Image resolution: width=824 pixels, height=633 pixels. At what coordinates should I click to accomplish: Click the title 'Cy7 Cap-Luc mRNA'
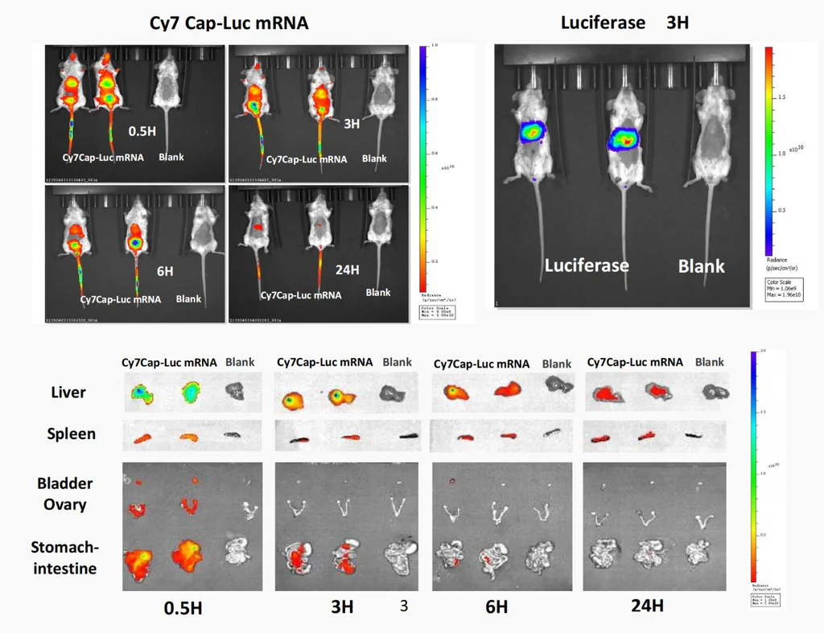[x=229, y=23]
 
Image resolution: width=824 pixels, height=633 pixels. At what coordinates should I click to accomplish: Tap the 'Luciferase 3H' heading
[x=624, y=23]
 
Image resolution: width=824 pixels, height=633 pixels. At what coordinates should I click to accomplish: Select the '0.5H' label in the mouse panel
[x=142, y=129]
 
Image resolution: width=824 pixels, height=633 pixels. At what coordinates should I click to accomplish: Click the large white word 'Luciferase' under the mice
[x=587, y=265]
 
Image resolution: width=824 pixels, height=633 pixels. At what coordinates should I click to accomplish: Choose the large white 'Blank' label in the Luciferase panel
[x=702, y=266]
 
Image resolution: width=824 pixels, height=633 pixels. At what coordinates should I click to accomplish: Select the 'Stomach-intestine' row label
[x=65, y=558]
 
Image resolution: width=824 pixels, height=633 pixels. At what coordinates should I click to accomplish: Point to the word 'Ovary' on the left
[x=64, y=504]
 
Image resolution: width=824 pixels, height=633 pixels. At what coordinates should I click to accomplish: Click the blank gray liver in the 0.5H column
[x=234, y=391]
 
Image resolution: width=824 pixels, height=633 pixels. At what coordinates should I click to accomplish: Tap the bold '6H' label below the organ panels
[x=496, y=607]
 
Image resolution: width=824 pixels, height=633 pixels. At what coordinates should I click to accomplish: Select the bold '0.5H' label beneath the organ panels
[x=183, y=608]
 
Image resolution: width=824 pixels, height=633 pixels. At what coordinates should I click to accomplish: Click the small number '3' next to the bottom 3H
[x=404, y=605]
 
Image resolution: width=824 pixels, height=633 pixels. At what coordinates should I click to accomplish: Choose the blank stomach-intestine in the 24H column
[x=698, y=553]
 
